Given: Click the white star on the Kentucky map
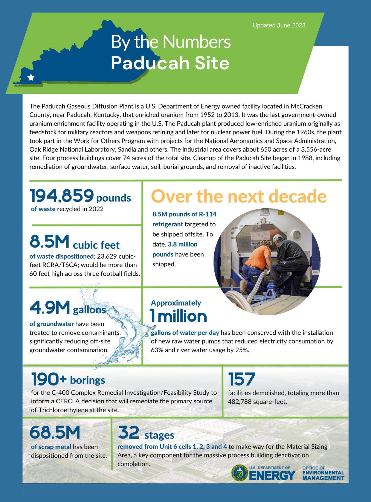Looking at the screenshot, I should (x=31, y=77).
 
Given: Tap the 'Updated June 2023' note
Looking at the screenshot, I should (x=279, y=26).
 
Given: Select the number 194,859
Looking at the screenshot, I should (x=62, y=196).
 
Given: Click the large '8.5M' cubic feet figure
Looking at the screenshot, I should (x=49, y=242).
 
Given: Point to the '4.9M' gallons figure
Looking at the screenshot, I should (x=50, y=307).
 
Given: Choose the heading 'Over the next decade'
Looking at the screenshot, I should (x=239, y=196).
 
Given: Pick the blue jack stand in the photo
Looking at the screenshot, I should (x=271, y=291).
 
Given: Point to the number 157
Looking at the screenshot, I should (x=242, y=379).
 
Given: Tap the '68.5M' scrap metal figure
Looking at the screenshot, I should (x=55, y=432).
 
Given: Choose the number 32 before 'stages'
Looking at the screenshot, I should (x=128, y=432).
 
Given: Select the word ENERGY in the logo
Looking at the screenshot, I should (x=272, y=476).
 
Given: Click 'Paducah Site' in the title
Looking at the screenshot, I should (x=170, y=63).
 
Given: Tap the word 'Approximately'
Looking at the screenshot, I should (x=176, y=303).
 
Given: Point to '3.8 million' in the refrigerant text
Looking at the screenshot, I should (x=182, y=244).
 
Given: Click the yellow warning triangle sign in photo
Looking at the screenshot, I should (x=281, y=213).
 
